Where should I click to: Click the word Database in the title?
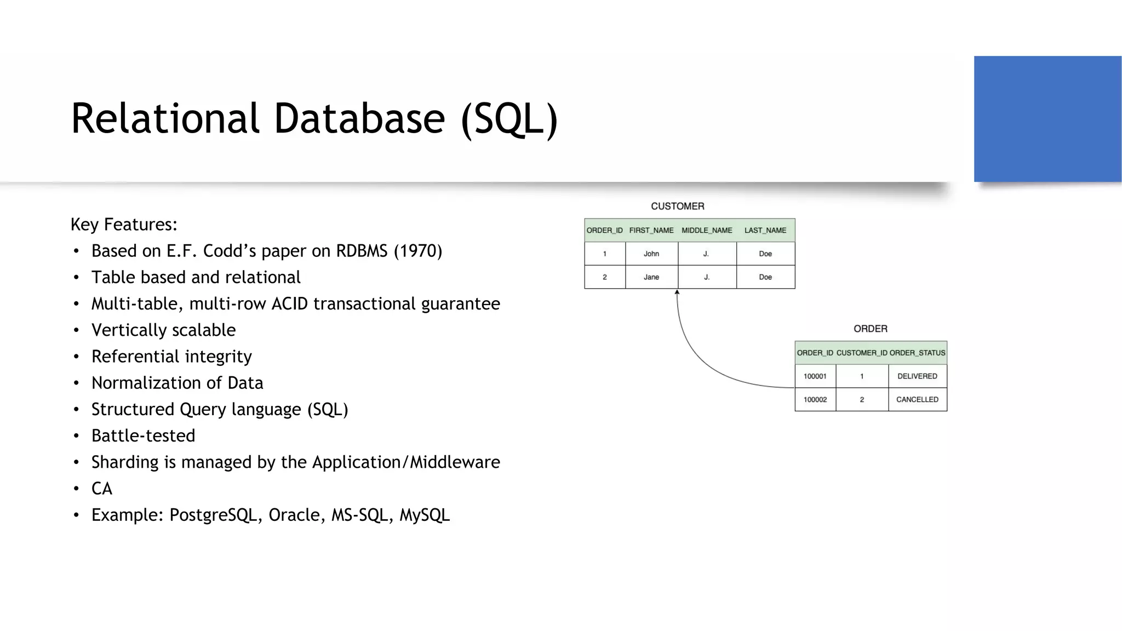tap(359, 118)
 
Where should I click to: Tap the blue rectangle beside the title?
tap(1047, 119)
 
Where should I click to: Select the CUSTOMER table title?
tap(677, 206)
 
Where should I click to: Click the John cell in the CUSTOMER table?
tap(651, 254)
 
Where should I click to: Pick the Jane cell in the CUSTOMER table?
tap(651, 277)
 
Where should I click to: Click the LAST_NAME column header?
tap(765, 230)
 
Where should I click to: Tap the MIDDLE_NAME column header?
tap(707, 230)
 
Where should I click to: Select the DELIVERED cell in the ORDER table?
tap(917, 376)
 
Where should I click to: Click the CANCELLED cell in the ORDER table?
tap(917, 399)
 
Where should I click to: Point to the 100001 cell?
tap(815, 376)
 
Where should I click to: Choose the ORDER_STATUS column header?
tap(917, 353)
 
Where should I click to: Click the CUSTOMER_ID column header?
tap(861, 353)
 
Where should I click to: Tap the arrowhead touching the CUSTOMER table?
tap(677, 292)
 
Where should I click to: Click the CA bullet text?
tap(102, 489)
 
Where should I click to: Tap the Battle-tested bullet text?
tap(143, 435)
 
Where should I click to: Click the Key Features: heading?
tap(124, 225)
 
